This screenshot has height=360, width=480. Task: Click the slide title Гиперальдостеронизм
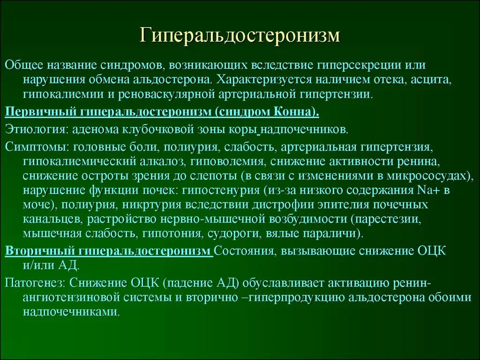[x=240, y=37]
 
